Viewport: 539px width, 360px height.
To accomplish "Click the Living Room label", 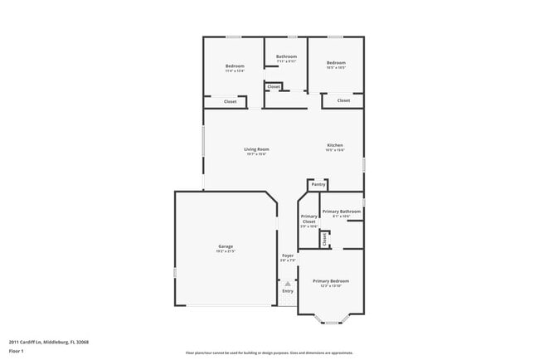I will [256, 149].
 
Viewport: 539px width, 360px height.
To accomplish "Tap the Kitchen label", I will [334, 145].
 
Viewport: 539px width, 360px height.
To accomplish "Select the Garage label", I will [225, 246].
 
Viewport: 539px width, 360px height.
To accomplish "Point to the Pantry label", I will [318, 184].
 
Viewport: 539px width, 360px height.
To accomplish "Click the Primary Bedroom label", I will [330, 281].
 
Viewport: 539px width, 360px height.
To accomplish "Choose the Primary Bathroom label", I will [342, 212].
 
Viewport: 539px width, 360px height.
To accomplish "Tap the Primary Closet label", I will [308, 219].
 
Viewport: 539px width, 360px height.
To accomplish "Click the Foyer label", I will [288, 255].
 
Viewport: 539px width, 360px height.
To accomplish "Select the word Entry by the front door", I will [288, 291].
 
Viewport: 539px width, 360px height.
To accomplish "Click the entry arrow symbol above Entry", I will [288, 283].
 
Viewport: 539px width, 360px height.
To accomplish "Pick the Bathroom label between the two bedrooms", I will [286, 56].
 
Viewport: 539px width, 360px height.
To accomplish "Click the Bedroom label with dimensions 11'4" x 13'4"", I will [235, 71].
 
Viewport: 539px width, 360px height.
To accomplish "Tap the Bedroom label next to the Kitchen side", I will [335, 63].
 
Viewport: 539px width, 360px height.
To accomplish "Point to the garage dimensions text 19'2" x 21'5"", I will [225, 251].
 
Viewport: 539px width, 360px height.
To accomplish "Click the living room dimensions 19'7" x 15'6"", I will [256, 154].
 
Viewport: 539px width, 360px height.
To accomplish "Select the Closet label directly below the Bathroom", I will [274, 87].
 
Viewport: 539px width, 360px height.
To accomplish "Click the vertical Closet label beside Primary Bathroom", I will [324, 239].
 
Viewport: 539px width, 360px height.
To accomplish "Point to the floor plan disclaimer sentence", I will [269, 353].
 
